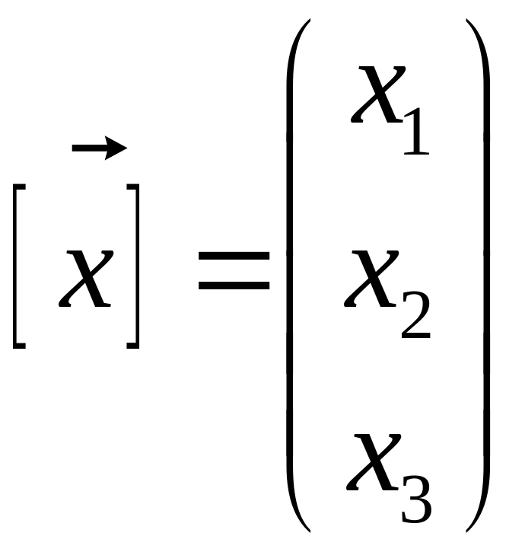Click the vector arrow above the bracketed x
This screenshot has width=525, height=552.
pyautogui.click(x=97, y=147)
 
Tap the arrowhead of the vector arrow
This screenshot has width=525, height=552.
pyautogui.click(x=116, y=147)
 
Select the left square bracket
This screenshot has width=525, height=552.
pyautogui.click(x=15, y=266)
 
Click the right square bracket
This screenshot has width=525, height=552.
pyautogui.click(x=137, y=266)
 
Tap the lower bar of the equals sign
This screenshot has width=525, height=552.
pyautogui.click(x=234, y=286)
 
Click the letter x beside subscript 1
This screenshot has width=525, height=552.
pyautogui.click(x=378, y=94)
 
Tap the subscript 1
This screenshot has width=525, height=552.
pyautogui.click(x=416, y=132)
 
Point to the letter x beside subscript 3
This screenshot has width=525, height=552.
pyautogui.click(x=374, y=461)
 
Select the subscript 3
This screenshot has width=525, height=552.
pyautogui.click(x=416, y=499)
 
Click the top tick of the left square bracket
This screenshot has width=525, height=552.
pyautogui.click(x=21, y=187)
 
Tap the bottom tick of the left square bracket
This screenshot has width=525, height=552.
pyautogui.click(x=21, y=346)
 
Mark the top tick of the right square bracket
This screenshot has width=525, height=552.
pyautogui.click(x=132, y=187)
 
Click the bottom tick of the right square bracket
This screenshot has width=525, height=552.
pyautogui.click(x=132, y=346)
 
